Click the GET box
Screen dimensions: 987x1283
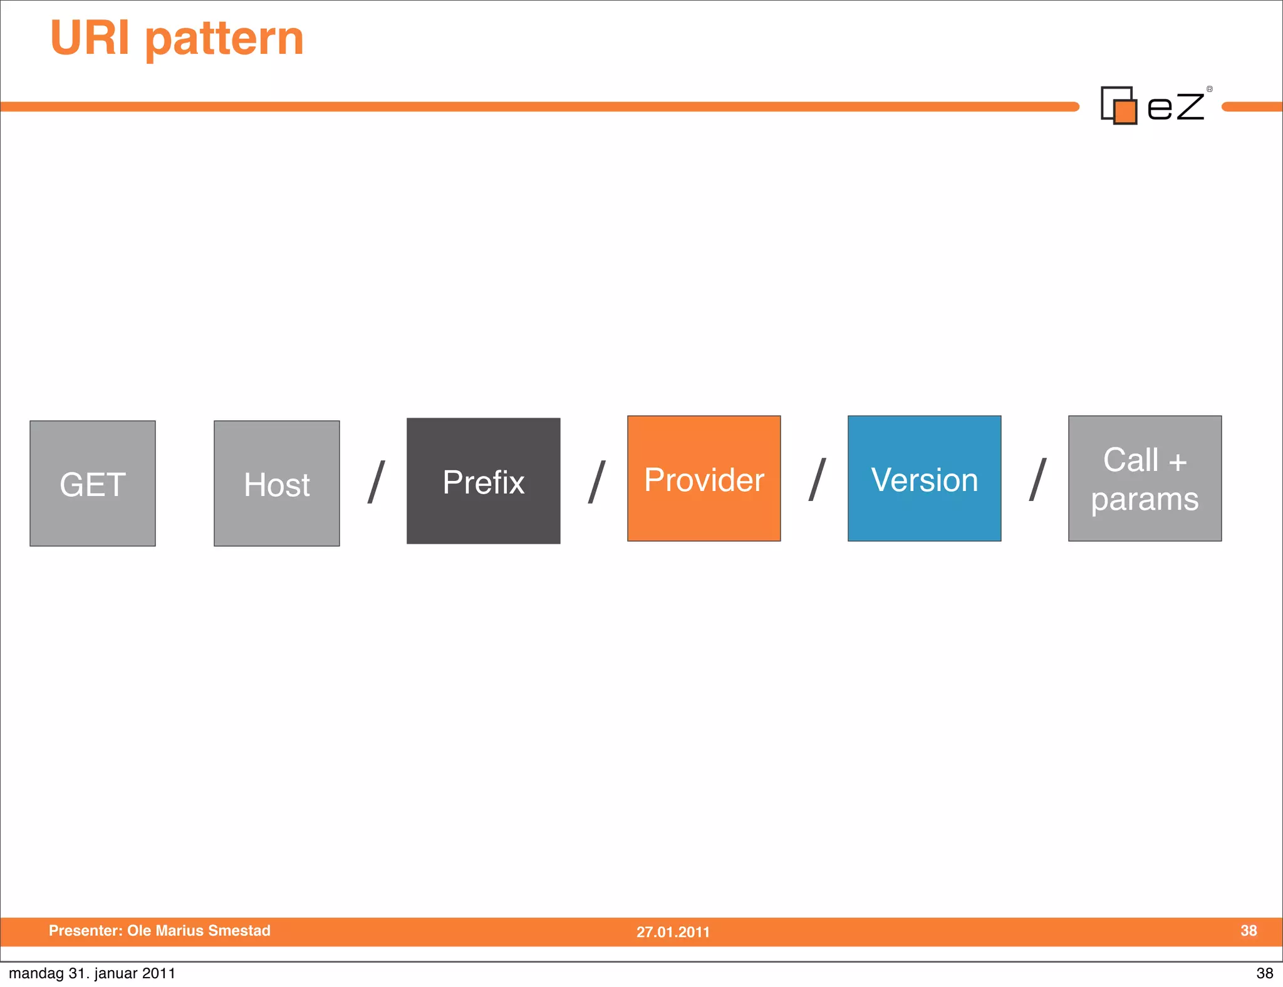click(x=93, y=483)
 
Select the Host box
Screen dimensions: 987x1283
click(x=277, y=483)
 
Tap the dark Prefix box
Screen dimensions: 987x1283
click(x=483, y=481)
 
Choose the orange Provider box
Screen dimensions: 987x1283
click(x=704, y=478)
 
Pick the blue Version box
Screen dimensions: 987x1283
click(x=924, y=478)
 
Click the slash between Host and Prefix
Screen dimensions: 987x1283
click(x=376, y=482)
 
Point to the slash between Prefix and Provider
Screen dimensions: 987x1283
click(x=596, y=482)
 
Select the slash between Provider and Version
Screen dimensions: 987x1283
click(x=817, y=480)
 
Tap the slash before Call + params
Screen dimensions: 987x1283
click(x=1037, y=480)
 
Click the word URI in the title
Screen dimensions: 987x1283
click(x=90, y=38)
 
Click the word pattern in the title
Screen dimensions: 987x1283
click(x=224, y=39)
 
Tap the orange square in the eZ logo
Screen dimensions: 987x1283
click(x=1126, y=112)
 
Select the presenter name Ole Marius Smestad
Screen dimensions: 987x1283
click(x=199, y=931)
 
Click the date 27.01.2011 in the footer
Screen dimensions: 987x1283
click(x=673, y=932)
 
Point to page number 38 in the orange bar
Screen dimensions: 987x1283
click(x=1248, y=931)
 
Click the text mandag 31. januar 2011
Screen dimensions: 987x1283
click(x=92, y=973)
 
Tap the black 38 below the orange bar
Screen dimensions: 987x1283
click(x=1264, y=973)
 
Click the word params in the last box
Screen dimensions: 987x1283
click(x=1145, y=500)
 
